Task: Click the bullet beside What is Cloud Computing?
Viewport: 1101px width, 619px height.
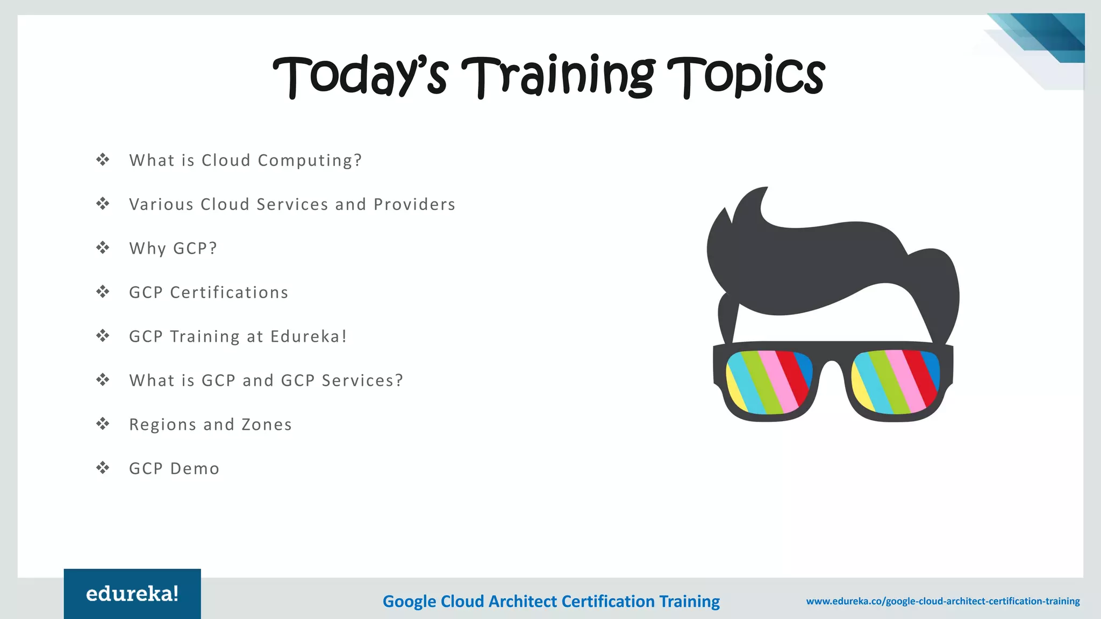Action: (103, 160)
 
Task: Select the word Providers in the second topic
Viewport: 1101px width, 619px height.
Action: (414, 204)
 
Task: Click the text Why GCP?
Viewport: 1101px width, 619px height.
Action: (173, 248)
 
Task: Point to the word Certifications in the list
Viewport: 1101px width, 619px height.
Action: (229, 292)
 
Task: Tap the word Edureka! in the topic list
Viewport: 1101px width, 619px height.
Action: (309, 336)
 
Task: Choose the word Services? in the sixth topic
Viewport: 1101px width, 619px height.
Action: (362, 380)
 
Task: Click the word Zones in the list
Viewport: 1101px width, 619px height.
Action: (267, 424)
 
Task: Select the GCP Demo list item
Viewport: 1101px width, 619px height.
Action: (174, 469)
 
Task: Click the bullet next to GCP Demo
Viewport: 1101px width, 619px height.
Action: (103, 468)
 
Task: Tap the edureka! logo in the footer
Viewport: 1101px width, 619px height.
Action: (132, 594)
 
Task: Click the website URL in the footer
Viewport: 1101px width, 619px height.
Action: (943, 601)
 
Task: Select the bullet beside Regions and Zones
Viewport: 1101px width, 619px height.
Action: (103, 424)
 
